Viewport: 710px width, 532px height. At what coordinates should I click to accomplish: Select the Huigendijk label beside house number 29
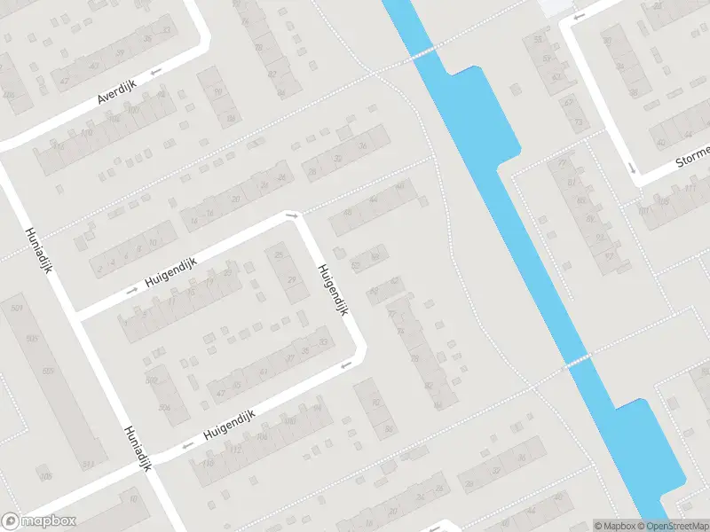332,289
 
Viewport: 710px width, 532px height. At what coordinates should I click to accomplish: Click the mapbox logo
38,521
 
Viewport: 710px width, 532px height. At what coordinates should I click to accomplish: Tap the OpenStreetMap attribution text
671,526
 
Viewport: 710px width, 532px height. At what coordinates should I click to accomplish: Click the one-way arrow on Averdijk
156,71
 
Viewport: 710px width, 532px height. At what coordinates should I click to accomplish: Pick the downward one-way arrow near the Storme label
632,168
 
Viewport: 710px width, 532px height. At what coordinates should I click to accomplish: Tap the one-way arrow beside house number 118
187,446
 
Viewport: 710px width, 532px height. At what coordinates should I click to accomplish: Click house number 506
163,407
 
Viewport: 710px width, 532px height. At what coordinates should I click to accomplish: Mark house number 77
562,163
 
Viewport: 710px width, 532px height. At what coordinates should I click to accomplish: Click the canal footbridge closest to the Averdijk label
423,52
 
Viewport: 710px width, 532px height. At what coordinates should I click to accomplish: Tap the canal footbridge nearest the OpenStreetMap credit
577,361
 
